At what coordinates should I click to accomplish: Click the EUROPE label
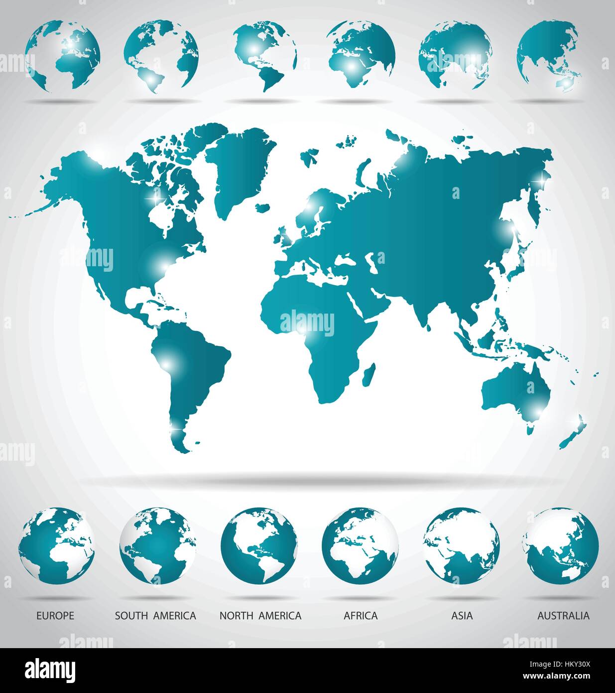pyautogui.click(x=55, y=616)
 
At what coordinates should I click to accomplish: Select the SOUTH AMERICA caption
pyautogui.click(x=155, y=616)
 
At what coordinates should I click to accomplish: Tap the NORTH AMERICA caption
pyautogui.click(x=260, y=616)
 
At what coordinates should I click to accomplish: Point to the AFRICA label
pyautogui.click(x=361, y=616)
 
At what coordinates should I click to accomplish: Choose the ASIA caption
pyautogui.click(x=462, y=616)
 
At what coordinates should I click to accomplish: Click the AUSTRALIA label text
pyautogui.click(x=563, y=616)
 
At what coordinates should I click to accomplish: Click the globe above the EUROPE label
pyautogui.click(x=56, y=545)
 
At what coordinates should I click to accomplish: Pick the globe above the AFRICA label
pyautogui.click(x=360, y=545)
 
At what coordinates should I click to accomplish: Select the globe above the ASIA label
pyautogui.click(x=462, y=545)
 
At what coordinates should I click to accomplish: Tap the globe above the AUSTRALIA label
pyautogui.click(x=561, y=545)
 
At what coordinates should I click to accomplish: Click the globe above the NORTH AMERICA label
pyautogui.click(x=259, y=545)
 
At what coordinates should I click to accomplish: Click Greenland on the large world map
pyautogui.click(x=239, y=165)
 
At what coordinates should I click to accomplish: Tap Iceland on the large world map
pyautogui.click(x=262, y=206)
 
